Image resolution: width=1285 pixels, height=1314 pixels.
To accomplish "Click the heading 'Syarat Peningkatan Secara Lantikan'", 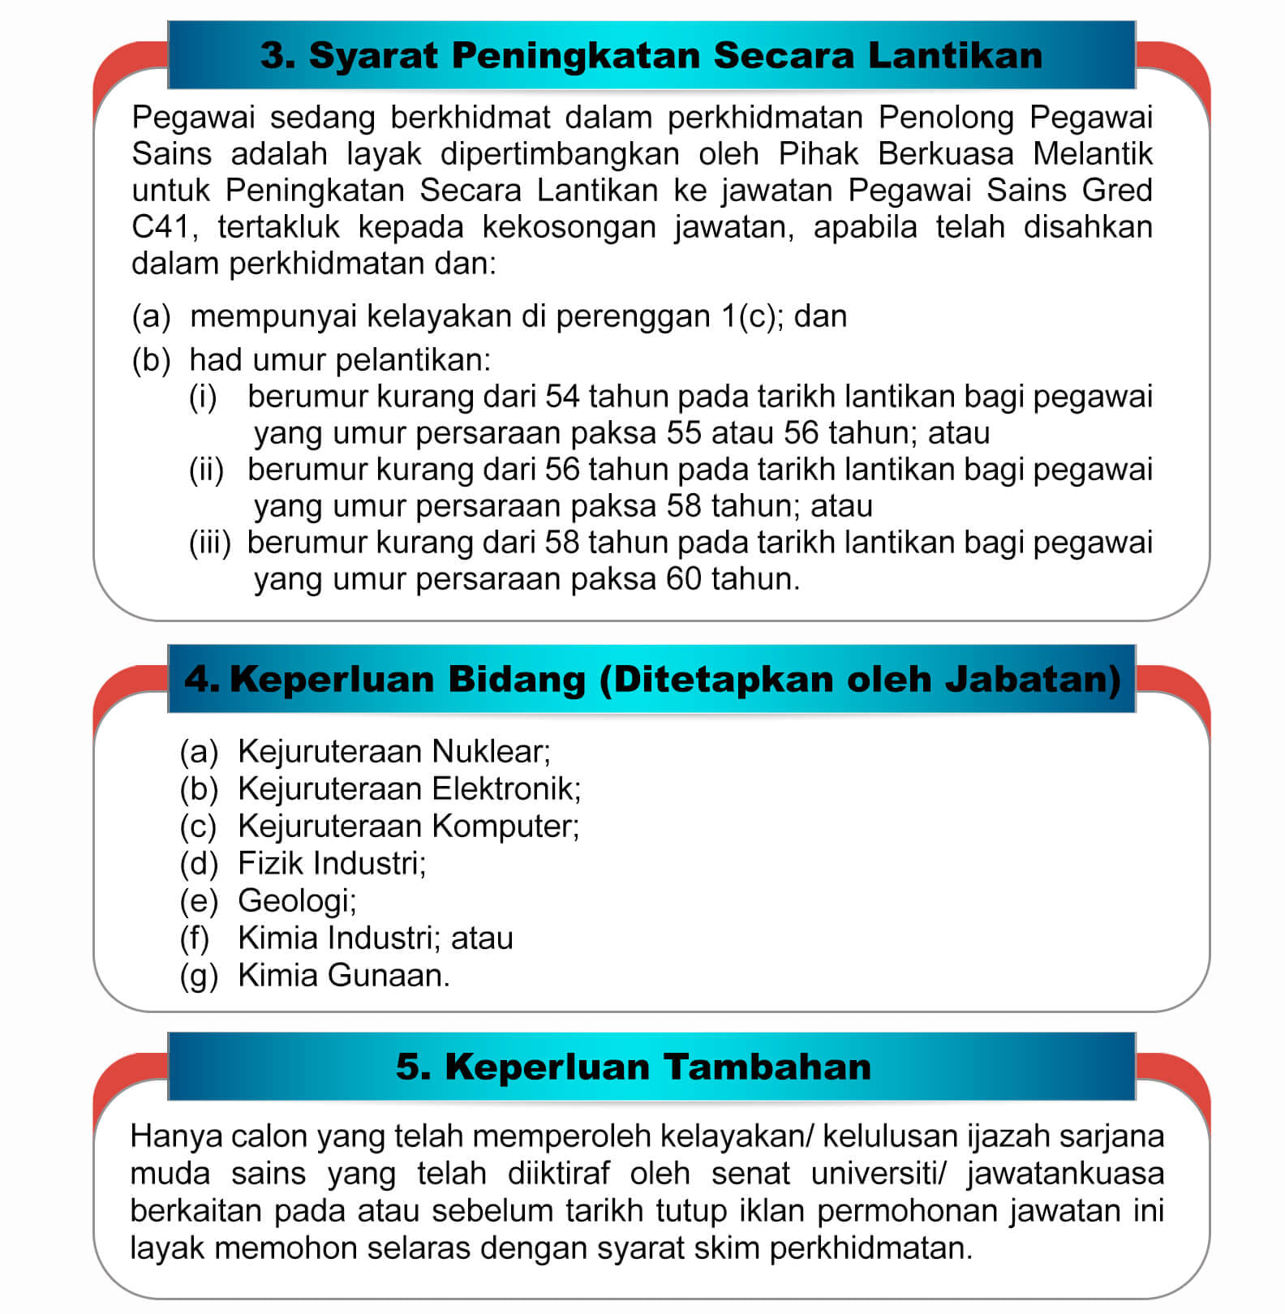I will click(x=651, y=55).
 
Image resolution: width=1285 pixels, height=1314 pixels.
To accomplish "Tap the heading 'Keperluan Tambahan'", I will click(x=634, y=1066).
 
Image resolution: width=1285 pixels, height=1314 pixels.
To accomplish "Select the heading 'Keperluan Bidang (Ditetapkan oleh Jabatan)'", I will click(x=652, y=678).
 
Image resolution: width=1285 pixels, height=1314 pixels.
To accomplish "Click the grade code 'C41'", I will click(x=163, y=227).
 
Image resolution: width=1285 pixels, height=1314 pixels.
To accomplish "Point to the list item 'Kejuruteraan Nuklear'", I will click(x=393, y=751).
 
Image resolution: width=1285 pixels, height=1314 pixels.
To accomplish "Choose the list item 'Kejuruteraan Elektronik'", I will click(x=409, y=788).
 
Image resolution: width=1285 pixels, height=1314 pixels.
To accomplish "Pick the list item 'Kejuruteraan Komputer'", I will click(x=408, y=826).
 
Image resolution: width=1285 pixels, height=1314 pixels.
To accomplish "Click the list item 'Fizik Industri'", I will click(x=331, y=863).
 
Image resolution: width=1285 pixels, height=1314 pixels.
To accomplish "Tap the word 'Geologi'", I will click(x=296, y=900).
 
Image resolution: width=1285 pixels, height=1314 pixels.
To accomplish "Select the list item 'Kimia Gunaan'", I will click(x=343, y=975).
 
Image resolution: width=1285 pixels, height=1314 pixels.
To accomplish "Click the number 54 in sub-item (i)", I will click(x=563, y=397).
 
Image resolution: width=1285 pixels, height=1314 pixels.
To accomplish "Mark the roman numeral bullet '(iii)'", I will click(x=210, y=543).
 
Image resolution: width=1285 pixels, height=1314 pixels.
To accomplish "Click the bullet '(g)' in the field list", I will click(x=199, y=976).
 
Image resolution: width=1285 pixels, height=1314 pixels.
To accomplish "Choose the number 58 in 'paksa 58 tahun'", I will click(x=684, y=506).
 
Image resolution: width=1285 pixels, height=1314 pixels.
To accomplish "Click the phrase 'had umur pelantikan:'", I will click(x=340, y=360).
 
